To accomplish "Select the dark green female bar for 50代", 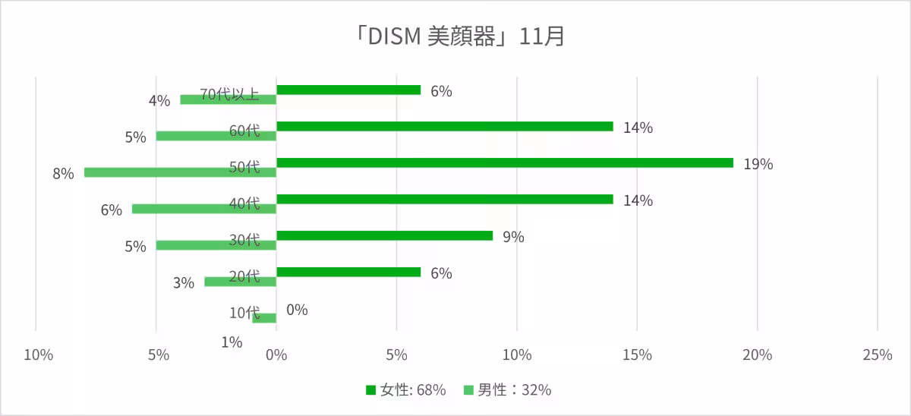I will (x=505, y=162).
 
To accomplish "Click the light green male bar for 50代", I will (x=180, y=172).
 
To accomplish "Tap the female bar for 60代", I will (x=445, y=126).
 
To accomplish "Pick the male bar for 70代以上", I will (x=228, y=99).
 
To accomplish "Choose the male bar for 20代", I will (x=240, y=282).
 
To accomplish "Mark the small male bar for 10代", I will (x=264, y=317).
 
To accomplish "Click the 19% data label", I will (x=758, y=164).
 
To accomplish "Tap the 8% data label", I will (x=63, y=174).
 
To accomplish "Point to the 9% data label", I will (x=513, y=237).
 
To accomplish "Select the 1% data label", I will (x=232, y=342).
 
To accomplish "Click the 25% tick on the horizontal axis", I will (x=877, y=355).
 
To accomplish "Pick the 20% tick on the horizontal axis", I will (x=757, y=355).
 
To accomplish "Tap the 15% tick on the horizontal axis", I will (x=637, y=355).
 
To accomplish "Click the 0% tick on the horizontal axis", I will (x=277, y=355).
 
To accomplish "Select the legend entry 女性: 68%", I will (x=405, y=390).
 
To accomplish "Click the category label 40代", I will (x=244, y=203).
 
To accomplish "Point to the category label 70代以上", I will (x=229, y=94).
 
